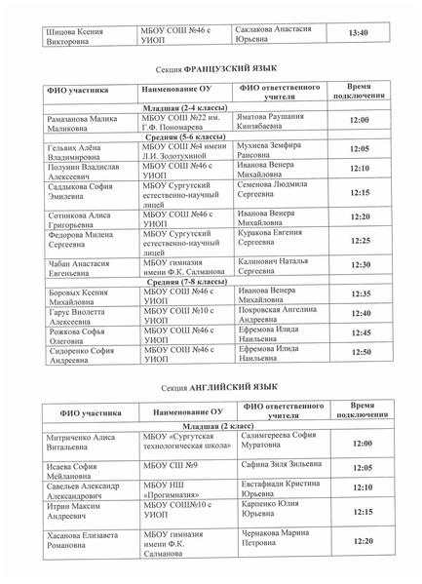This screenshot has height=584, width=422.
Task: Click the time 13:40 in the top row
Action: [x=358, y=33]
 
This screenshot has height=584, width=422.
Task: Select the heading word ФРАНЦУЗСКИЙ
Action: [x=229, y=72]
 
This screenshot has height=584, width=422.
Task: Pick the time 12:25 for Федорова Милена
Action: [x=360, y=240]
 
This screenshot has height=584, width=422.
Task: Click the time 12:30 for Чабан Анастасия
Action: [x=360, y=265]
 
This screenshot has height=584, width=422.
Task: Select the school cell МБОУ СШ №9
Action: [x=172, y=467]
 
